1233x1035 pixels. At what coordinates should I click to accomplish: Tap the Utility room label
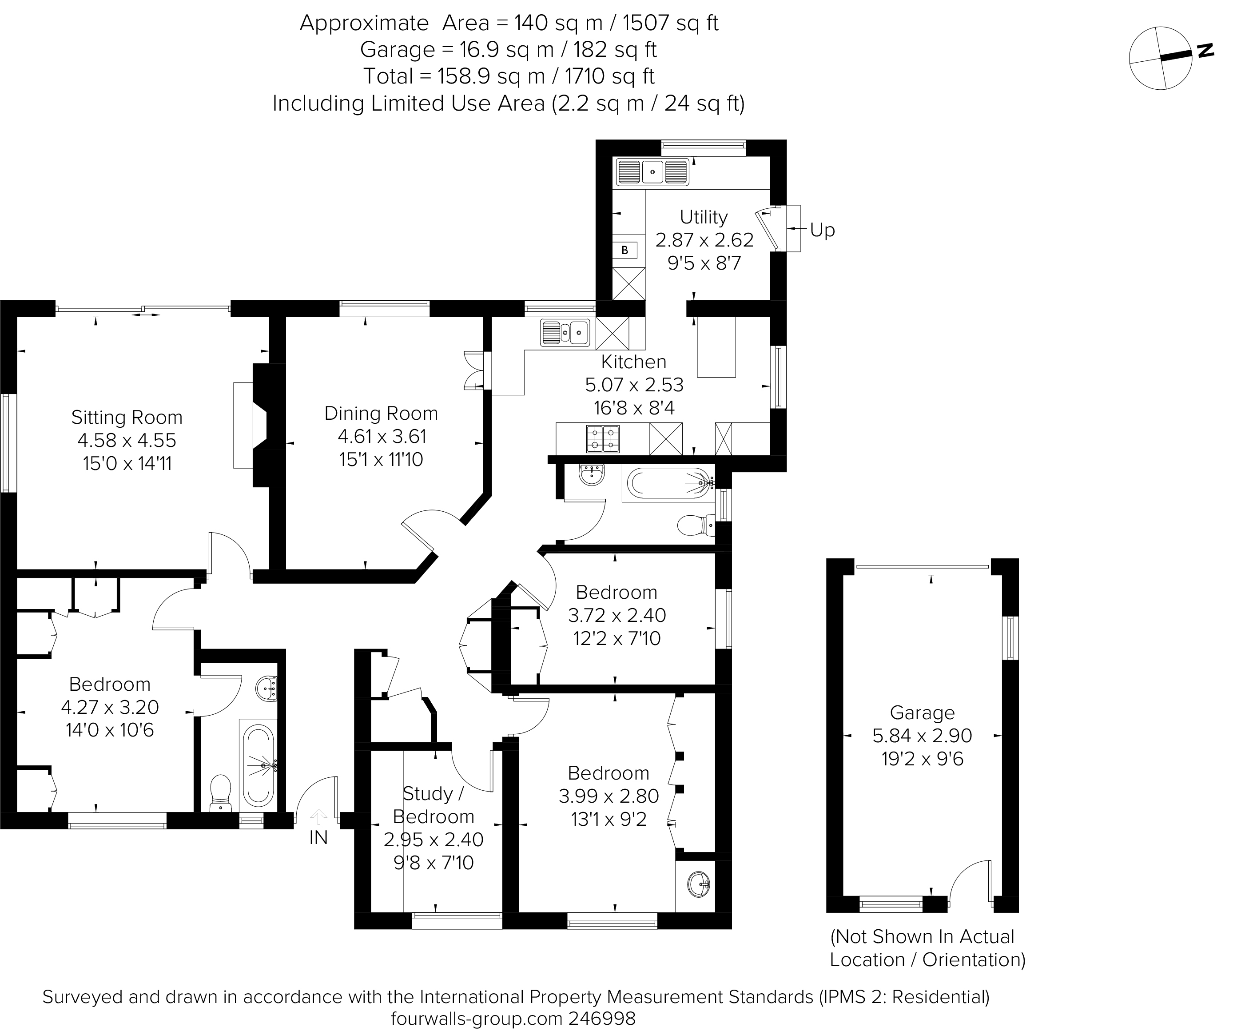point(704,217)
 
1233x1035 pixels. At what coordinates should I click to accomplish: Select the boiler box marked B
point(625,250)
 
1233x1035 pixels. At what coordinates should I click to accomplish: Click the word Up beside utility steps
point(822,230)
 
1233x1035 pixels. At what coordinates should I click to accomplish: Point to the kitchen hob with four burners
point(602,438)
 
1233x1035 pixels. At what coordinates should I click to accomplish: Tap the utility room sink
point(652,172)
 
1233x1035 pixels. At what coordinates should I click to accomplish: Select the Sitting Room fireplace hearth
point(243,425)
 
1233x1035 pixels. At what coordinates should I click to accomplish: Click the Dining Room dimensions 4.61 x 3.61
point(382,436)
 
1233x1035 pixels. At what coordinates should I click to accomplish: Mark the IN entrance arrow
point(318,817)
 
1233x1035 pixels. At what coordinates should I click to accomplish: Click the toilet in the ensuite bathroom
point(221,792)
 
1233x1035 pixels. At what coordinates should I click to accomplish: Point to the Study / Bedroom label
point(434,805)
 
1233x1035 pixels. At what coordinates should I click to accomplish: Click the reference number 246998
point(602,1019)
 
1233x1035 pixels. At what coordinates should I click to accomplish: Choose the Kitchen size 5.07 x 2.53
point(634,385)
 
